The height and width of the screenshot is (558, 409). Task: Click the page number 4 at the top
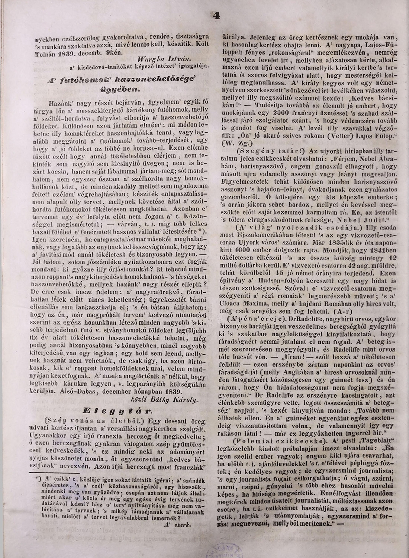click(x=217, y=15)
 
